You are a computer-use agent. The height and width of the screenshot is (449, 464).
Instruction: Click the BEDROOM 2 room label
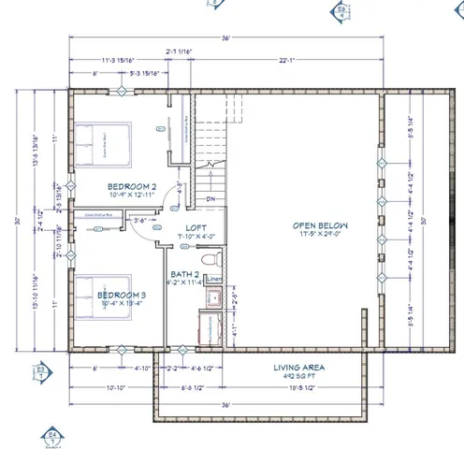click(x=131, y=184)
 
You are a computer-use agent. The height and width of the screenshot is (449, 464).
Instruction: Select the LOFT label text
click(x=196, y=226)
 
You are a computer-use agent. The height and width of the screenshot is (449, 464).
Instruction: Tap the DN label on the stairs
click(x=211, y=199)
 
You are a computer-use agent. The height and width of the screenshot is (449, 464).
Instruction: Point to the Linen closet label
click(x=213, y=279)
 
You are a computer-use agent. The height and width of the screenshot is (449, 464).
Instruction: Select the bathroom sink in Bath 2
click(x=212, y=300)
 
